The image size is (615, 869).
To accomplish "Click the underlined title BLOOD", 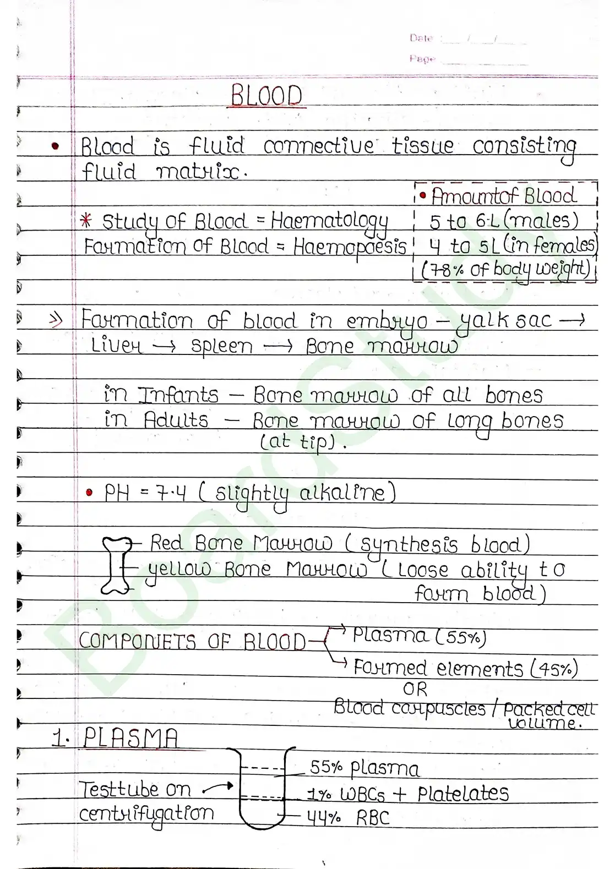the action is click(266, 96).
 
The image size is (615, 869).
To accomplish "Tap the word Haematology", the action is click(329, 222).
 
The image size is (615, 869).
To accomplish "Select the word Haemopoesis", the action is click(350, 247).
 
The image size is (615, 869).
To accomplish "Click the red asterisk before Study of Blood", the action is click(86, 221).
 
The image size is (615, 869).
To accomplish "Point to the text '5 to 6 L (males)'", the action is click(504, 221).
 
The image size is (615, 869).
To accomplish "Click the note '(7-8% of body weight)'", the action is click(505, 270).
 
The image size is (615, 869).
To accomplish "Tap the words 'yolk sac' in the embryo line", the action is click(503, 320).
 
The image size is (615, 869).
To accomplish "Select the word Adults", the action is click(176, 421).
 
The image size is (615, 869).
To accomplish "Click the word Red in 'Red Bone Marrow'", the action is click(166, 544).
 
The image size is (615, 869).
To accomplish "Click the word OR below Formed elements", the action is click(415, 689).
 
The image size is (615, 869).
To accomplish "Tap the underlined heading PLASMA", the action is click(131, 737).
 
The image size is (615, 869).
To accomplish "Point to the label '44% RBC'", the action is click(348, 818).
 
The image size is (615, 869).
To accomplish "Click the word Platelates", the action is click(462, 794).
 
